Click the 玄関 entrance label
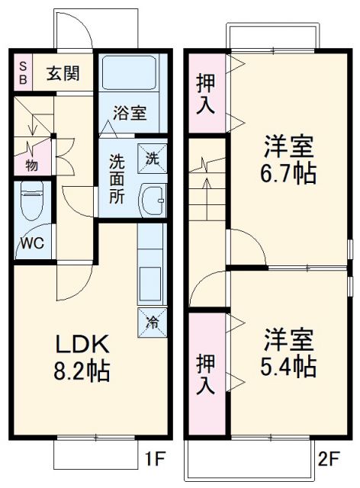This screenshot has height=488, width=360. tap(62, 74)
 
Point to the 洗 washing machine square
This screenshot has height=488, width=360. tap(151, 159)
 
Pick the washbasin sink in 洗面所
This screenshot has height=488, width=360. tap(152, 201)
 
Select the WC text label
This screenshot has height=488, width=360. tap(31, 243)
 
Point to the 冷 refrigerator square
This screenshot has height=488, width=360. tap(150, 322)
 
